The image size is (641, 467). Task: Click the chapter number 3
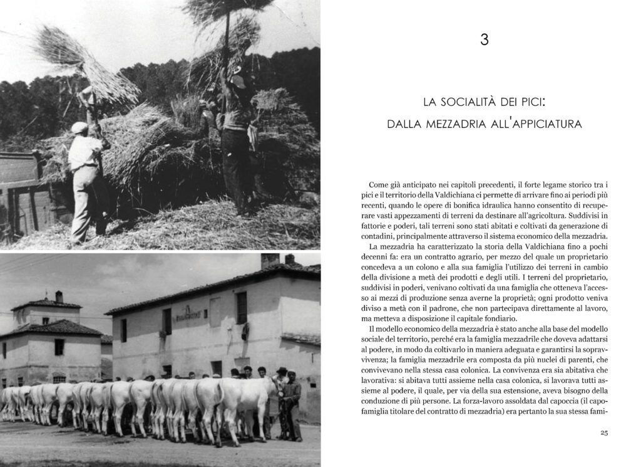[484, 40]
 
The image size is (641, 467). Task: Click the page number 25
[604, 433]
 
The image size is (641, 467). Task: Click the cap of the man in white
[79, 128]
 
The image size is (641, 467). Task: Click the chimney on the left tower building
[58, 296]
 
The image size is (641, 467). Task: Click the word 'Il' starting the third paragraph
[372, 329]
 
